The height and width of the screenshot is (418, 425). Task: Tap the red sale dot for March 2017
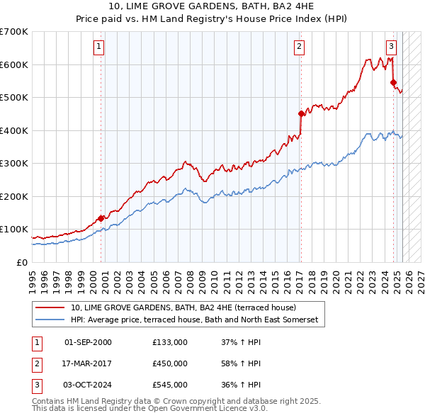coord(301,113)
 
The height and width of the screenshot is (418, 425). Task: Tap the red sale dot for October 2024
coord(393,82)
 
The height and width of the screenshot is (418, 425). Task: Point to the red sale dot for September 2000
coord(101,218)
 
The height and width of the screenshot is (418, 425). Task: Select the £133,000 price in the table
coord(170,342)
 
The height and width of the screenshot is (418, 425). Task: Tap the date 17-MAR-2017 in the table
coord(88,363)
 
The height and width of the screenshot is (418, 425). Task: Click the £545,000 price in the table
coord(170,385)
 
